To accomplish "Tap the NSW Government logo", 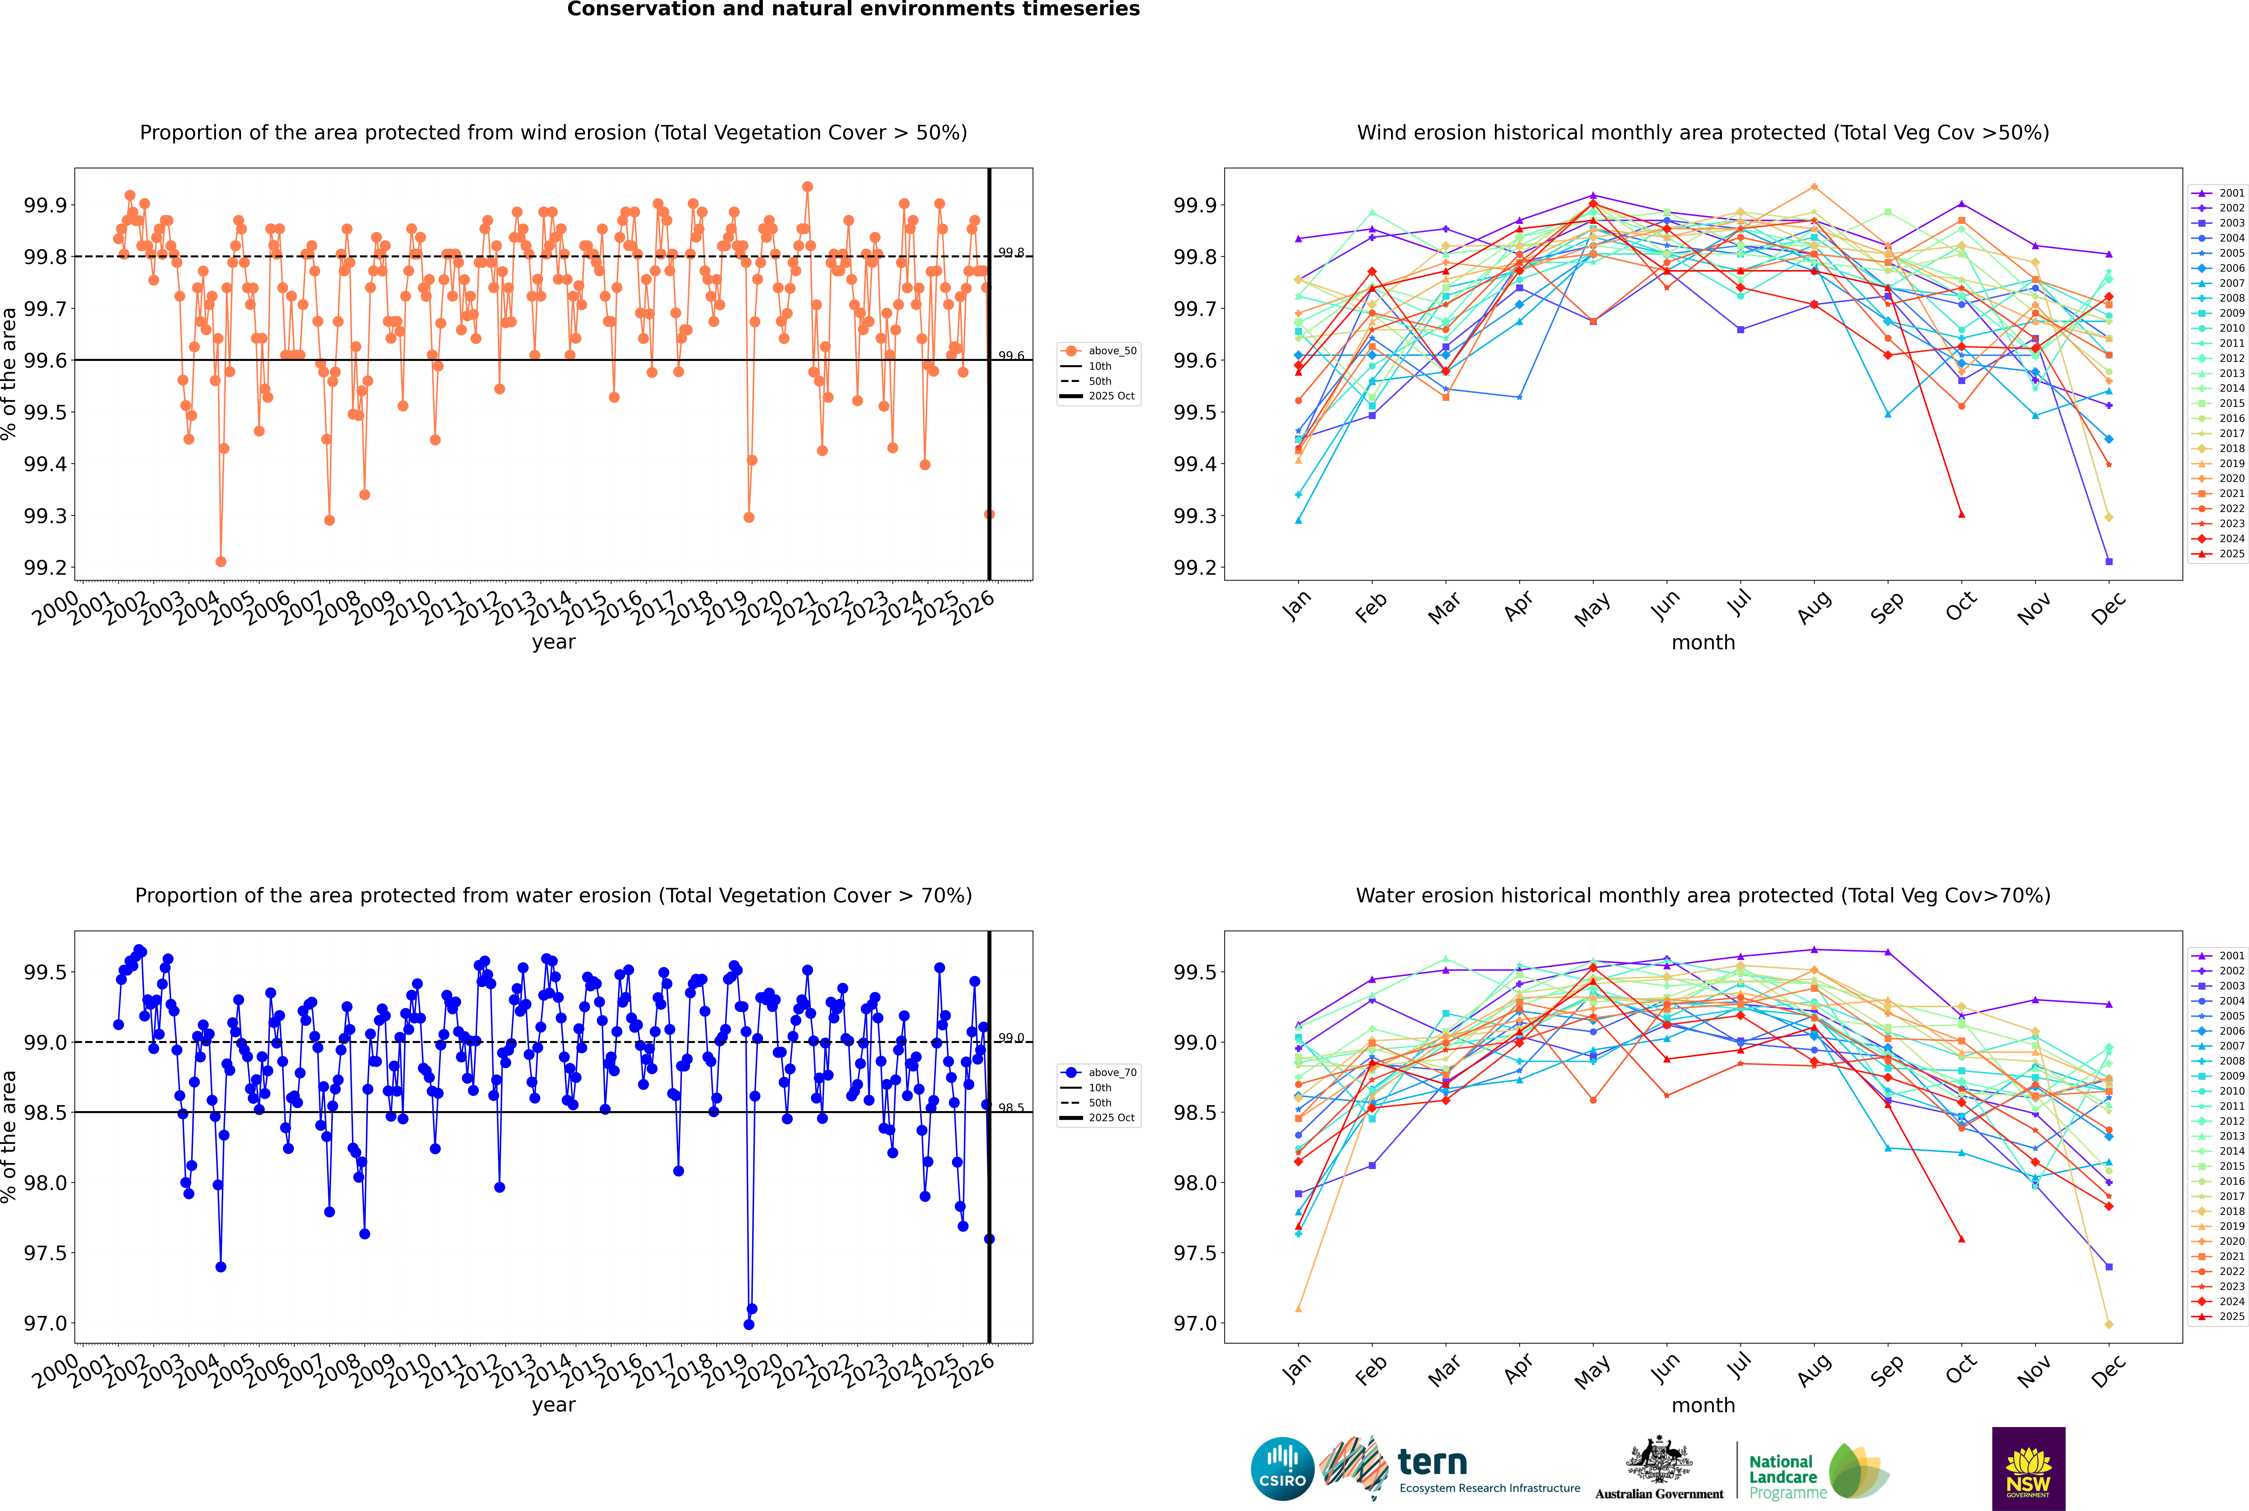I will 2028,1468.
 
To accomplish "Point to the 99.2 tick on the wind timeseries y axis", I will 45,568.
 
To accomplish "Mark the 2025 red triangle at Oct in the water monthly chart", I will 1962,1239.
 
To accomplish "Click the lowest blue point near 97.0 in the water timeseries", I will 749,1324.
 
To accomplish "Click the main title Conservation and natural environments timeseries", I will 853,10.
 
